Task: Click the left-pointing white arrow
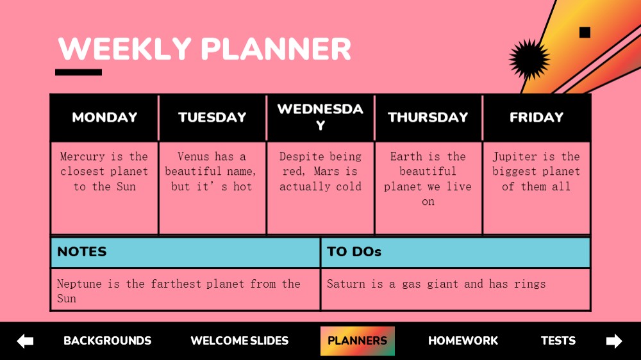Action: pyautogui.click(x=25, y=341)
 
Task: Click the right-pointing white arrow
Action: pyautogui.click(x=614, y=341)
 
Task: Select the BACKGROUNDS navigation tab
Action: pyautogui.click(x=108, y=341)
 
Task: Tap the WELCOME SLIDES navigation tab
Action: pyautogui.click(x=240, y=341)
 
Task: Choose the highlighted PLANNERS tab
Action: pyautogui.click(x=357, y=341)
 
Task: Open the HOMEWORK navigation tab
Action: pyautogui.click(x=463, y=341)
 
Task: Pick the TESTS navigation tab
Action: pyautogui.click(x=558, y=341)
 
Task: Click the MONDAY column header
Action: pyautogui.click(x=104, y=117)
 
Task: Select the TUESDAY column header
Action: pyautogui.click(x=212, y=117)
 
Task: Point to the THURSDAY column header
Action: pyautogui.click(x=428, y=117)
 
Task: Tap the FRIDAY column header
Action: pyautogui.click(x=537, y=117)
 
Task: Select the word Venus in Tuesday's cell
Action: pyautogui.click(x=193, y=156)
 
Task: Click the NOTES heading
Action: pyautogui.click(x=82, y=252)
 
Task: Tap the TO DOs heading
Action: pyautogui.click(x=354, y=252)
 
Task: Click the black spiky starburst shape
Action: pyautogui.click(x=529, y=59)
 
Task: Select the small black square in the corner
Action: pyautogui.click(x=585, y=32)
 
